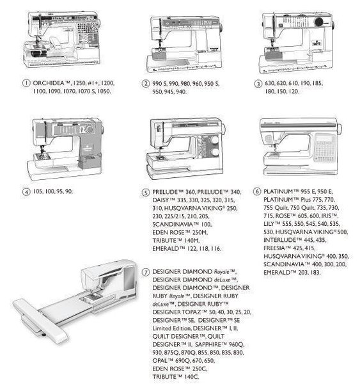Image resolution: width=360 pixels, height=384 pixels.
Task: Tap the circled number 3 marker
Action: [258, 83]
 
